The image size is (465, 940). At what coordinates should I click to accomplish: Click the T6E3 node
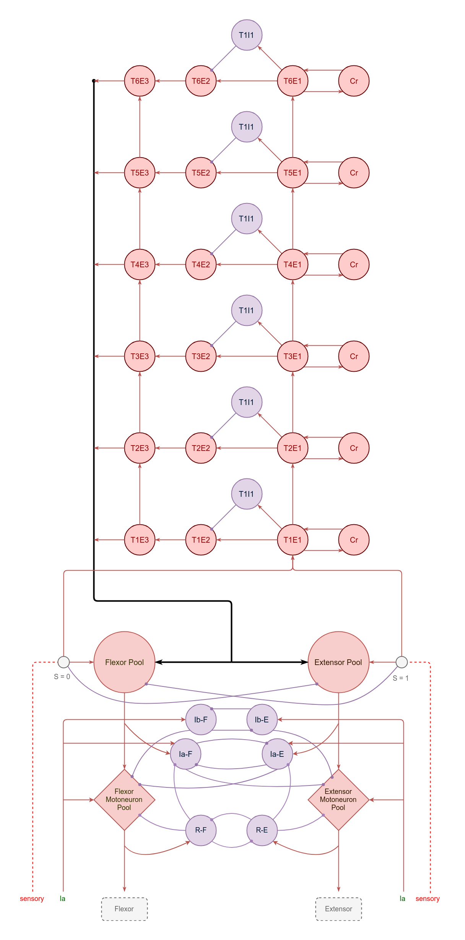(140, 81)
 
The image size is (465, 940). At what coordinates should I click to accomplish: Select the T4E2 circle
(201, 265)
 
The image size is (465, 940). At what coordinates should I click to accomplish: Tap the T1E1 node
(293, 540)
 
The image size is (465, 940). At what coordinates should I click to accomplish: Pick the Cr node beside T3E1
(354, 356)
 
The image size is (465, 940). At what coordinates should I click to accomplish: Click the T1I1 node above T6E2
(247, 35)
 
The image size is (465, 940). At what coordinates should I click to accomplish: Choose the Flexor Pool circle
(124, 662)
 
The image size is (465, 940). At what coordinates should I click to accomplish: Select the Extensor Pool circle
(338, 662)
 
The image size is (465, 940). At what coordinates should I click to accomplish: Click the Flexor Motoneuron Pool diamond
(124, 800)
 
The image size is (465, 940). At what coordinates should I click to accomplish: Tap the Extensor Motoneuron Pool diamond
(338, 800)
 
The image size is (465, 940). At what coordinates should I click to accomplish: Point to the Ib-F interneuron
(201, 720)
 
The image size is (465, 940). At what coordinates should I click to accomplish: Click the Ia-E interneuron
(277, 754)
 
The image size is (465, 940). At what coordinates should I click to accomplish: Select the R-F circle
(201, 830)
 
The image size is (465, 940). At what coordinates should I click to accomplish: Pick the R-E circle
(262, 830)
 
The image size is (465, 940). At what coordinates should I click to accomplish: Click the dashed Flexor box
(124, 909)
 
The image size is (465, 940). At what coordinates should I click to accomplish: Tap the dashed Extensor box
(338, 909)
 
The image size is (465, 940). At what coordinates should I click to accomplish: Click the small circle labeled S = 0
(63, 662)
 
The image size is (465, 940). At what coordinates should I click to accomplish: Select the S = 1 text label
(401, 678)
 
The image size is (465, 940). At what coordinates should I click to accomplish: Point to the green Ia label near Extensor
(402, 899)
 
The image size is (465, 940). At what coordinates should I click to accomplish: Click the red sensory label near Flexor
(32, 899)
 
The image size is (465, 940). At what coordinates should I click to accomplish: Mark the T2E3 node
(140, 448)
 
